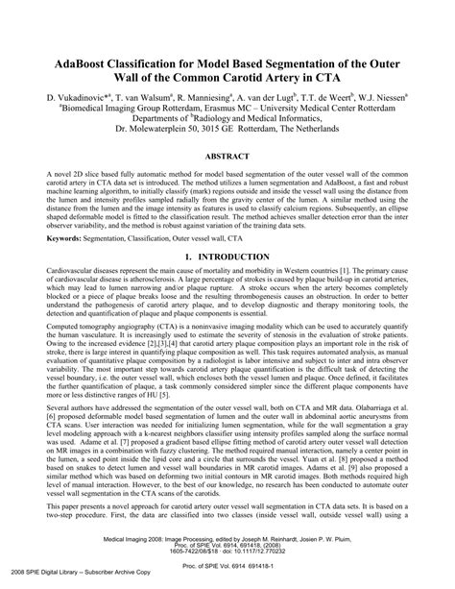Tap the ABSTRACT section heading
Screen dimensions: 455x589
pos(227,153)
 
